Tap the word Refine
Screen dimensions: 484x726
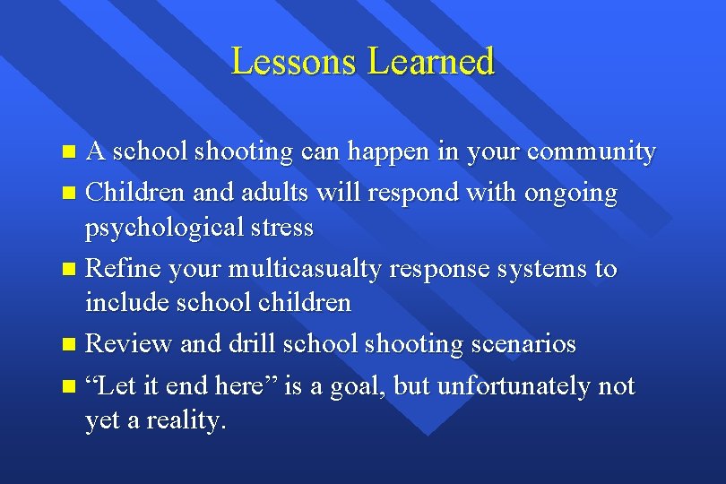coord(126,268)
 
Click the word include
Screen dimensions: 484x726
coord(125,302)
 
